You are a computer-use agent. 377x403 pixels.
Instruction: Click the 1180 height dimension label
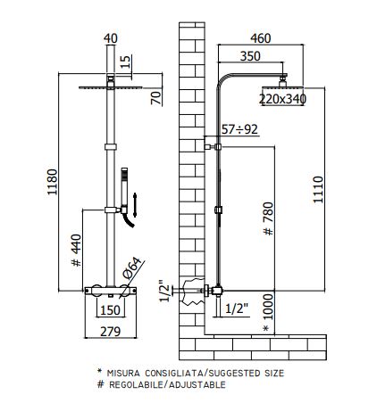(53, 182)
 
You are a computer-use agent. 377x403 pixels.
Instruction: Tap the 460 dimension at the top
(261, 38)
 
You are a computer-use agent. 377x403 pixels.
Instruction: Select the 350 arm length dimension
(250, 56)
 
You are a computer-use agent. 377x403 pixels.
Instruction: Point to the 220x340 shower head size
(282, 99)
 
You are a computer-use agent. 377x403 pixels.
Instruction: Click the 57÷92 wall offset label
(239, 129)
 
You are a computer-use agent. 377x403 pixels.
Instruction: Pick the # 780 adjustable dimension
(269, 218)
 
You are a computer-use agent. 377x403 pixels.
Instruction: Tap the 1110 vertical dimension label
(318, 190)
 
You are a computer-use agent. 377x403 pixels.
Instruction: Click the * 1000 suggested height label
(268, 313)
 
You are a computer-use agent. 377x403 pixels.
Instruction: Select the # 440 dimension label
(77, 251)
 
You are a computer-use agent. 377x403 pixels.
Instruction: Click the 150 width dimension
(110, 310)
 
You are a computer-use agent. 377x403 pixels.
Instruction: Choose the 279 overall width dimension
(111, 332)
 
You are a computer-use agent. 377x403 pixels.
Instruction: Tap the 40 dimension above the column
(111, 38)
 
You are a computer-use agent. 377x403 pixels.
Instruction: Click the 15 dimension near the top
(126, 62)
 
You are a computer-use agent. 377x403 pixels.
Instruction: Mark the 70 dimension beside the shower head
(156, 98)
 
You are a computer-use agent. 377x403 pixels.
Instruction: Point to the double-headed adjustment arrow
(135, 205)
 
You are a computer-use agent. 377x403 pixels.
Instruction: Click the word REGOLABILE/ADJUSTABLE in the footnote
(167, 384)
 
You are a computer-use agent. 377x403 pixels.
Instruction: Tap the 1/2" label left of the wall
(164, 291)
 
